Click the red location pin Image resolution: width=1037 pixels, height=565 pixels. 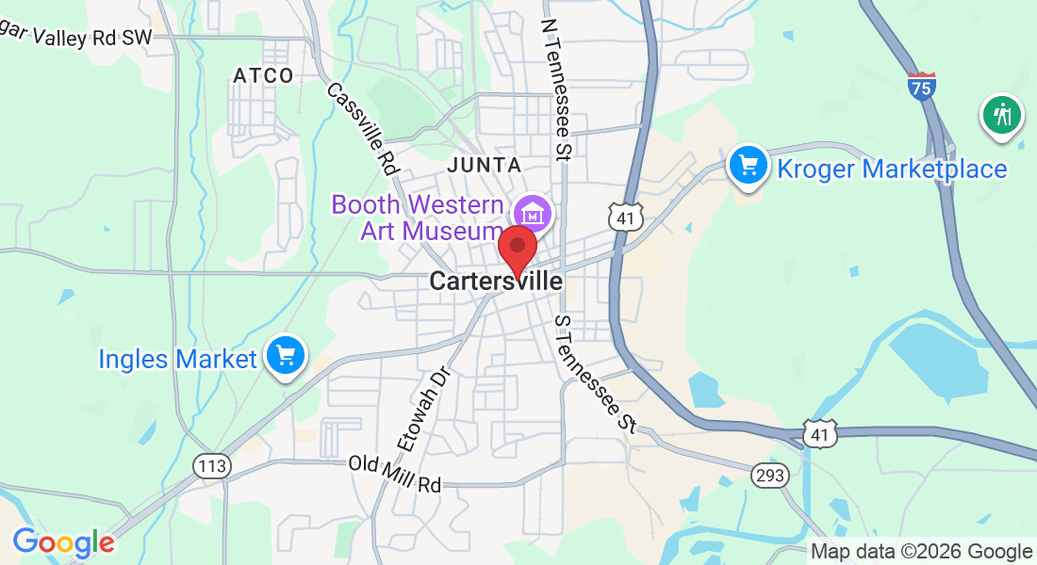pyautogui.click(x=518, y=247)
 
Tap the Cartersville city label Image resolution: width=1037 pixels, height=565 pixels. pyautogui.click(x=495, y=281)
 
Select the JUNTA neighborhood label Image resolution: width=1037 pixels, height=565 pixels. pyautogui.click(x=485, y=165)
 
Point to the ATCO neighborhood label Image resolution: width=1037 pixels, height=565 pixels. pyautogui.click(x=264, y=75)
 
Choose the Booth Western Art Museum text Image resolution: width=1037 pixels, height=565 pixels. pyautogui.click(x=418, y=218)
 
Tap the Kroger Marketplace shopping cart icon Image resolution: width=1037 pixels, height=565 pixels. pyautogui.click(x=749, y=166)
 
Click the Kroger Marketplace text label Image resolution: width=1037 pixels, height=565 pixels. pyautogui.click(x=892, y=169)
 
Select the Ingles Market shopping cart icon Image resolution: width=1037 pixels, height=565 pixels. pyautogui.click(x=286, y=357)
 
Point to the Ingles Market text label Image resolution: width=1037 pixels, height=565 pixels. pyautogui.click(x=178, y=359)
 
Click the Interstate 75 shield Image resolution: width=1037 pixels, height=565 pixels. pyautogui.click(x=922, y=86)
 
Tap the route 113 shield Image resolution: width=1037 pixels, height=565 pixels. pyautogui.click(x=211, y=465)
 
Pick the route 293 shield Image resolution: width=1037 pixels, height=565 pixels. pyautogui.click(x=769, y=476)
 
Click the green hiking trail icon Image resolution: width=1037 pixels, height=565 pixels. pyautogui.click(x=1001, y=115)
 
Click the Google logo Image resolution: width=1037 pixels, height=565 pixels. pyautogui.click(x=64, y=542)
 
